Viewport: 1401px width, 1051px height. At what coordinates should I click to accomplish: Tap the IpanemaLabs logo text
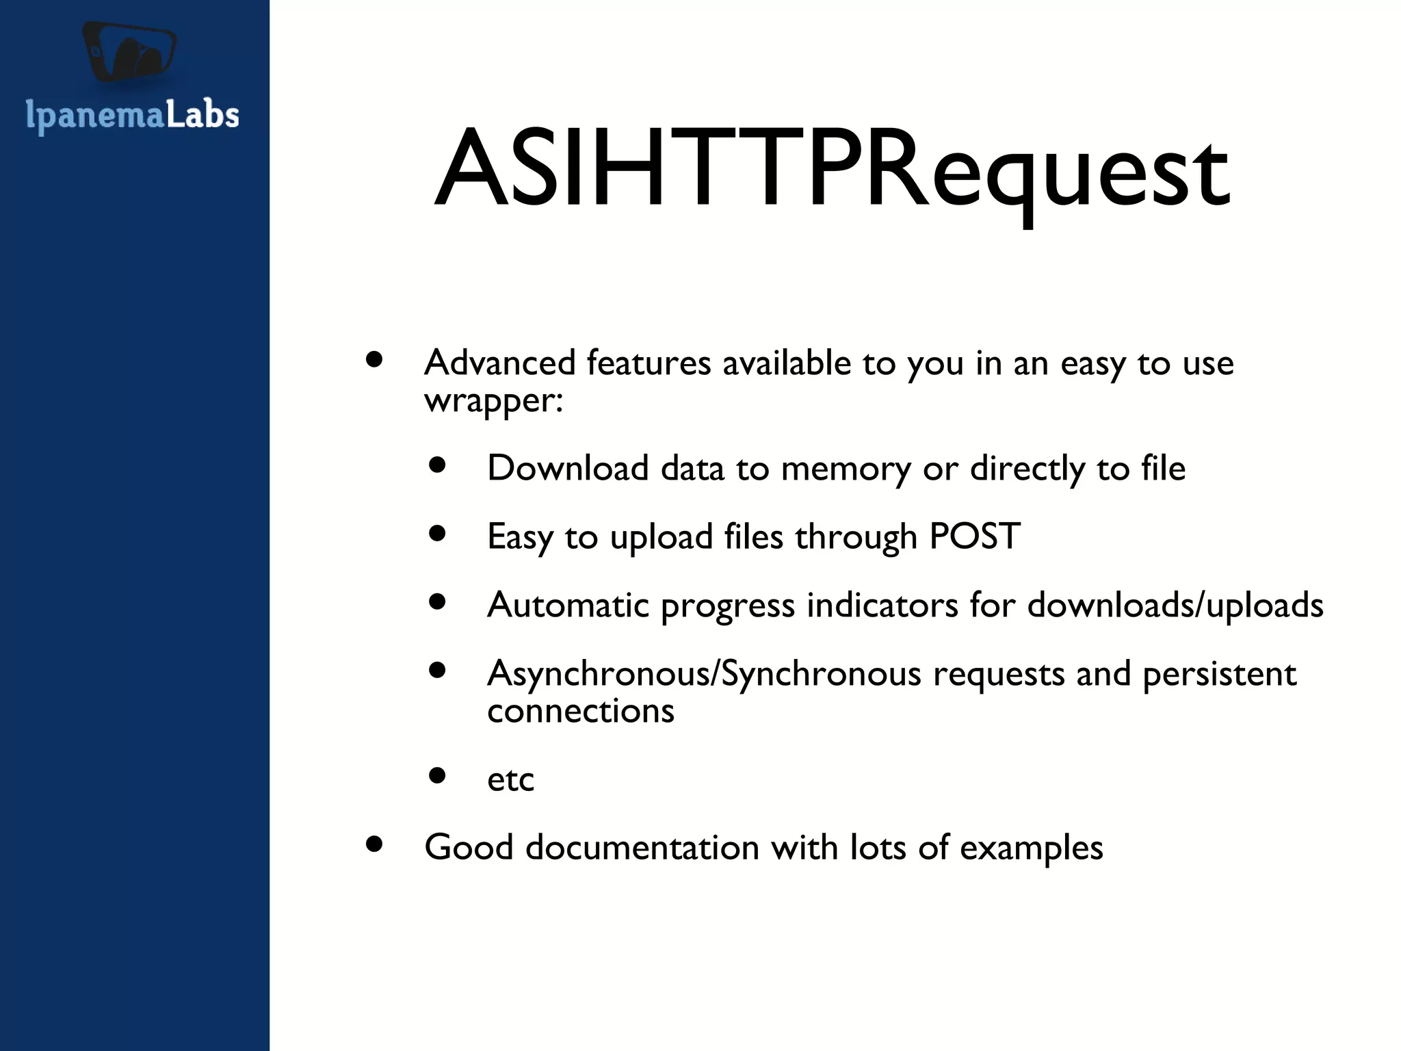tap(132, 115)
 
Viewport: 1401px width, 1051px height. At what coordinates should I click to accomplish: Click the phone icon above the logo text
tap(130, 52)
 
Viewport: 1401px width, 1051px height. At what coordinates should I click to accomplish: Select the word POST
tap(974, 536)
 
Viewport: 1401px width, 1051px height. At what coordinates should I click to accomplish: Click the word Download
tap(567, 469)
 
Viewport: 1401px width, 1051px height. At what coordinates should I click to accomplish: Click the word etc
tap(510, 779)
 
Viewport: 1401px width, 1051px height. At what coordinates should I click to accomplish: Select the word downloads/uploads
tap(1175, 606)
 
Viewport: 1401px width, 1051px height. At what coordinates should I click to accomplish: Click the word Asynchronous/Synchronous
tap(704, 675)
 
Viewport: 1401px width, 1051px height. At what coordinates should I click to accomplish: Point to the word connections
tap(580, 711)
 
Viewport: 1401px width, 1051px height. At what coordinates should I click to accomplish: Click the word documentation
tap(642, 848)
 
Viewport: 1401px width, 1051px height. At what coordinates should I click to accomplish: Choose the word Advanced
tap(499, 363)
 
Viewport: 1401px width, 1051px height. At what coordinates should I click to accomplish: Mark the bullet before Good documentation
tap(374, 844)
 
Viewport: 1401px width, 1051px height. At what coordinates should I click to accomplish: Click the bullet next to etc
tap(437, 775)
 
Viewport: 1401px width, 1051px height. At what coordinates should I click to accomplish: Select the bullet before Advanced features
tap(374, 359)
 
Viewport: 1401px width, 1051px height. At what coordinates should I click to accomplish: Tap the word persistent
tap(1219, 675)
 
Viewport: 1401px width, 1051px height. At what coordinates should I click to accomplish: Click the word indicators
tap(882, 606)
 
